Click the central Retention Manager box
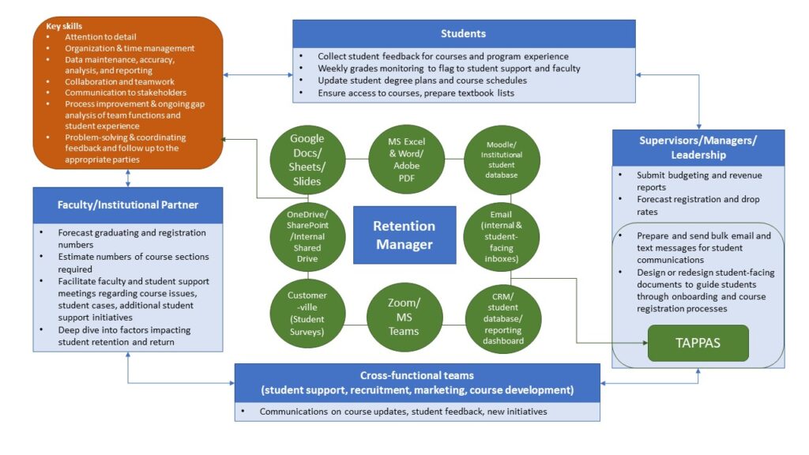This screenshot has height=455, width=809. pyautogui.click(x=404, y=235)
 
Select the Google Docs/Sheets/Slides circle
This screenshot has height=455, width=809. pyautogui.click(x=306, y=160)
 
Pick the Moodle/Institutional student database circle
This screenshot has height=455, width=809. pyautogui.click(x=501, y=158)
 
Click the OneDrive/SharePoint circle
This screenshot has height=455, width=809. pyautogui.click(x=306, y=235)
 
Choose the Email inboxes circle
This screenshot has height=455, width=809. pyautogui.click(x=501, y=235)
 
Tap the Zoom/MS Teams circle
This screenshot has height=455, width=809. pyautogui.click(x=404, y=316)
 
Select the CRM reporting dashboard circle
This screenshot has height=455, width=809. pyautogui.click(x=501, y=316)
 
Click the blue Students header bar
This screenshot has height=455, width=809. pyautogui.click(x=463, y=34)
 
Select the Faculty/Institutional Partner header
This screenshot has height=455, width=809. pyautogui.click(x=128, y=205)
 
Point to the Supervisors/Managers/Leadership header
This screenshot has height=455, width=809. pyautogui.click(x=698, y=147)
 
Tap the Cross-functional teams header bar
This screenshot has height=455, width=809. pyautogui.click(x=417, y=382)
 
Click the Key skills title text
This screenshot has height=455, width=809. pyautogui.click(x=64, y=26)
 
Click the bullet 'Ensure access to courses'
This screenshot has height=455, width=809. pyautogui.click(x=415, y=92)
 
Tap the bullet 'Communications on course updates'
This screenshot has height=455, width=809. pyautogui.click(x=403, y=412)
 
